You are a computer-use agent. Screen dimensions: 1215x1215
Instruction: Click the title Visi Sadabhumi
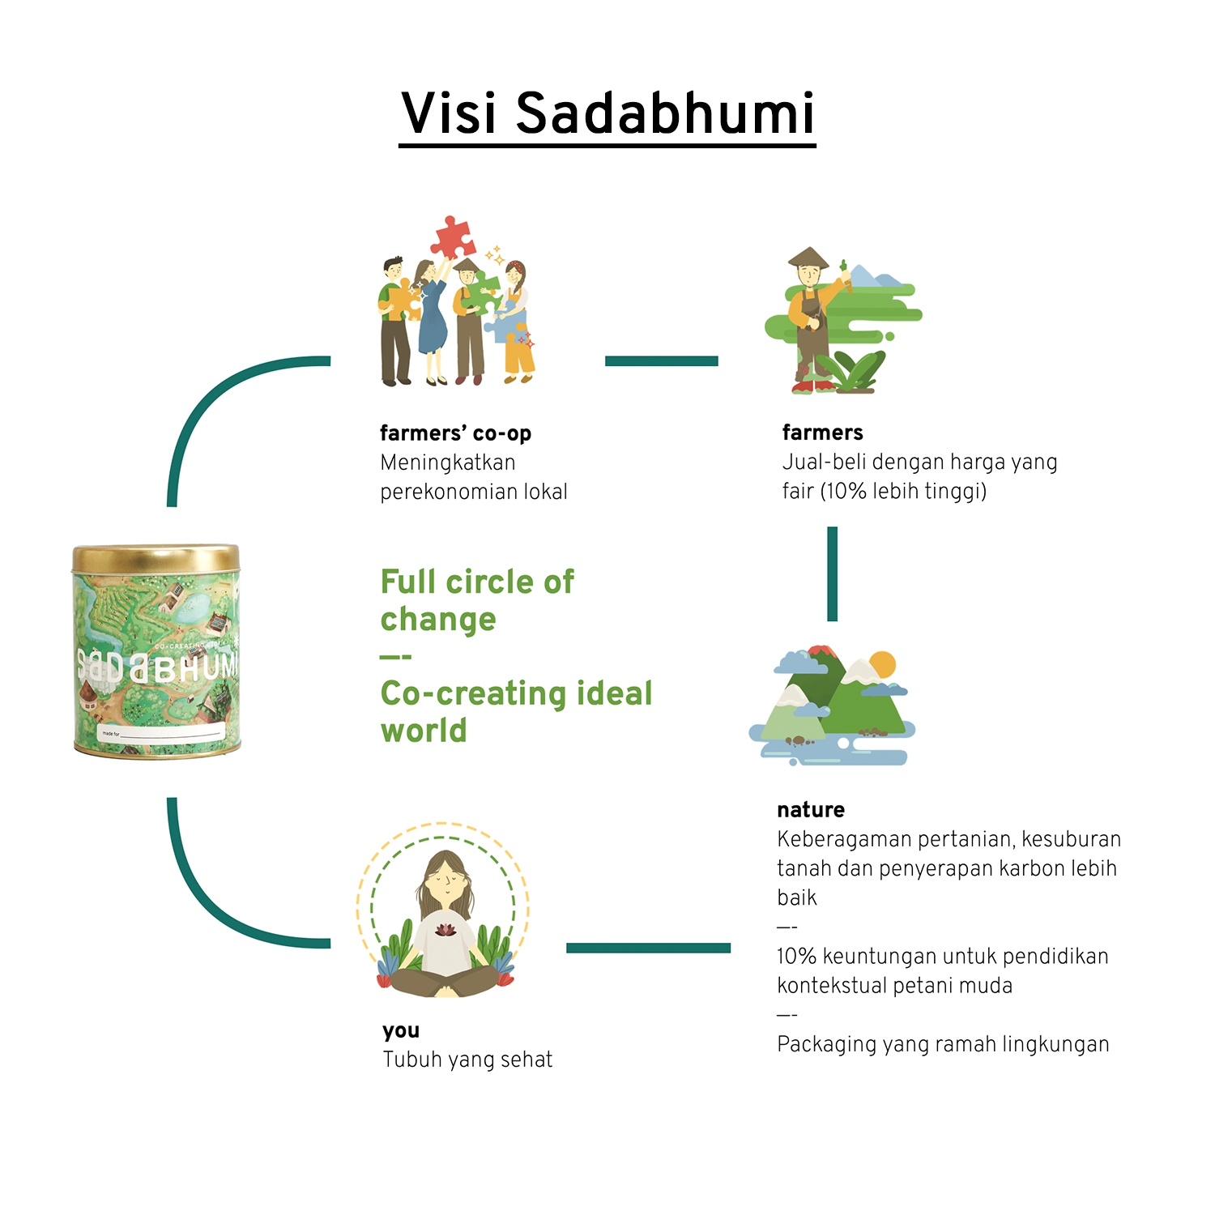tap(607, 113)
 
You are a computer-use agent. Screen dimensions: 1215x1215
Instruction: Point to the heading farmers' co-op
tap(455, 433)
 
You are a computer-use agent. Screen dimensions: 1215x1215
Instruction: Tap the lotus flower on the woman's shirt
tap(444, 930)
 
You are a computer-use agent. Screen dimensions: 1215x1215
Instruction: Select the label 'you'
tap(401, 1031)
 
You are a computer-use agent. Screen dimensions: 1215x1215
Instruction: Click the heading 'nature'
tap(810, 810)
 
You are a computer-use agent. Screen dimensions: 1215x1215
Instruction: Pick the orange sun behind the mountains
tap(881, 664)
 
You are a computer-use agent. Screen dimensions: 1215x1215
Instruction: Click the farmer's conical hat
tap(808, 258)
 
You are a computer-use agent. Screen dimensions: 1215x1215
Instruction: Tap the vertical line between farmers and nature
tap(832, 573)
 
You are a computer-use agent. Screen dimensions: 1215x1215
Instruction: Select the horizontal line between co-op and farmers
tap(661, 361)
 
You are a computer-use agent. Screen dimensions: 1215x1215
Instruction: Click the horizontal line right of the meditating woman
tap(648, 948)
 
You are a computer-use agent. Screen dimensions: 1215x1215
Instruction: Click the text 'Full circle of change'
tap(477, 600)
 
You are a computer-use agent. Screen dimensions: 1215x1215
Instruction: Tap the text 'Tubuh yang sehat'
tap(467, 1059)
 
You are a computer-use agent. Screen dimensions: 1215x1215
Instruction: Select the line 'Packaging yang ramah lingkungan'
tap(943, 1044)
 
